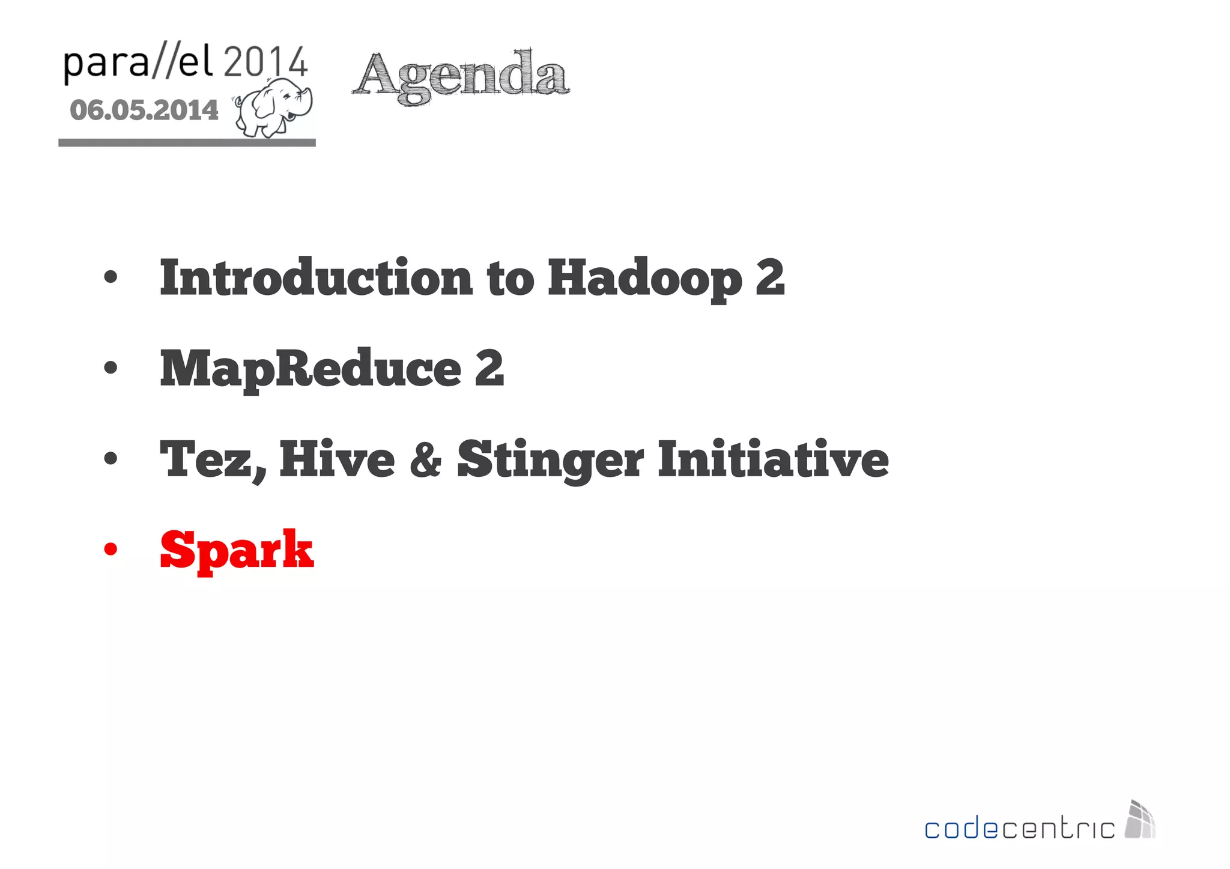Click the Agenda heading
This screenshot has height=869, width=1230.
pyautogui.click(x=461, y=76)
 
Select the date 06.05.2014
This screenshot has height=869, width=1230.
pyautogui.click(x=144, y=111)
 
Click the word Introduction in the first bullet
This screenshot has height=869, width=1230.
pyautogui.click(x=316, y=277)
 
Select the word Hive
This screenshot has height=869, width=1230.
pyautogui.click(x=337, y=459)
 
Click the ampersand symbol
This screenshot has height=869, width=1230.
pyautogui.click(x=426, y=459)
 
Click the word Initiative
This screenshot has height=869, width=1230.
pyautogui.click(x=773, y=459)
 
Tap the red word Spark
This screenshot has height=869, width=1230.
pyautogui.click(x=237, y=550)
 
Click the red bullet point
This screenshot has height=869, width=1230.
pyautogui.click(x=111, y=549)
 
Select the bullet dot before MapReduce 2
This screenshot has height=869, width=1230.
pyautogui.click(x=111, y=368)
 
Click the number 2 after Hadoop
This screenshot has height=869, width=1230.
pyautogui.click(x=770, y=277)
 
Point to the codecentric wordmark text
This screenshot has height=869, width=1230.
pyautogui.click(x=1019, y=829)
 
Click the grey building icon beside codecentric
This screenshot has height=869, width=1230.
pyautogui.click(x=1141, y=820)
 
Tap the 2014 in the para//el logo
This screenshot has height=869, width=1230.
pyautogui.click(x=266, y=62)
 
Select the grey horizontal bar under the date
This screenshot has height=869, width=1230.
pyautogui.click(x=187, y=142)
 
